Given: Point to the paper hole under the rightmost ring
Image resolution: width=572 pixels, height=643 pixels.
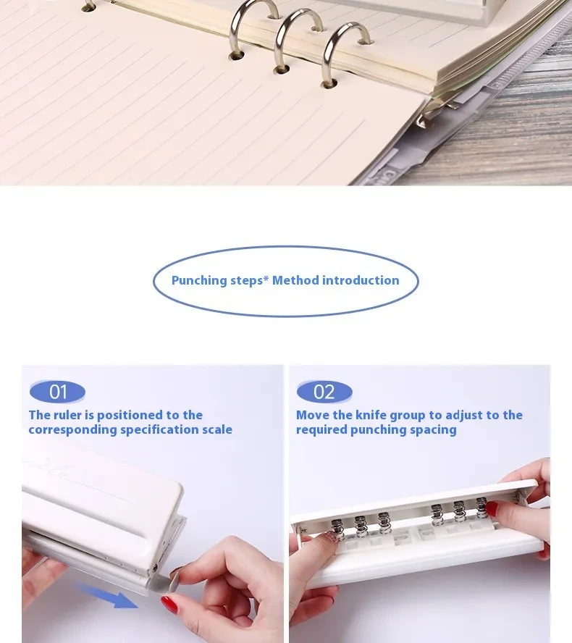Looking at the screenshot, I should pyautogui.click(x=329, y=83).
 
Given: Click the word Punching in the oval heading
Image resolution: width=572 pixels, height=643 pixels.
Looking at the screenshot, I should pyautogui.click(x=199, y=280).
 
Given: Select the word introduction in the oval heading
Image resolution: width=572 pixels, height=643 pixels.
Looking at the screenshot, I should pyautogui.click(x=361, y=280).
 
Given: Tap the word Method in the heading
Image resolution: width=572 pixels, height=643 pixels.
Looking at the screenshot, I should pyautogui.click(x=295, y=280).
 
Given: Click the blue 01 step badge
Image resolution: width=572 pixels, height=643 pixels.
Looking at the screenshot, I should pyautogui.click(x=57, y=392).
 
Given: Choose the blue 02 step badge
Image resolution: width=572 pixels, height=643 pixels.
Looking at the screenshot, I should pyautogui.click(x=324, y=392).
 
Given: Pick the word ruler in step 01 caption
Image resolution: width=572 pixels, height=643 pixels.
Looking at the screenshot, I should pyautogui.click(x=71, y=415).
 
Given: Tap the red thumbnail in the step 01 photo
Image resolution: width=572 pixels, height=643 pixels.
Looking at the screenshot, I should pyautogui.click(x=169, y=603).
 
